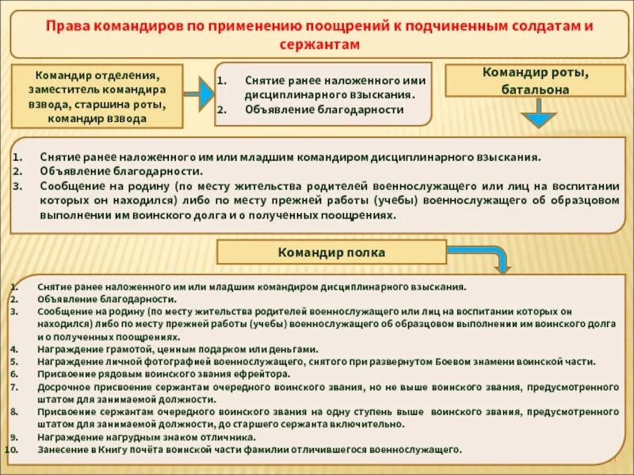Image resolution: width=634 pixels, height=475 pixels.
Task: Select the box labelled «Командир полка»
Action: coord(332,253)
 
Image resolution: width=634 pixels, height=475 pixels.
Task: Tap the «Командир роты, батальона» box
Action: coord(535,81)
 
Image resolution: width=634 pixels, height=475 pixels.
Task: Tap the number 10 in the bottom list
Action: coord(12,449)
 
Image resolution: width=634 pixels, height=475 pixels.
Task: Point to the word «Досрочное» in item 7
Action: coord(64,386)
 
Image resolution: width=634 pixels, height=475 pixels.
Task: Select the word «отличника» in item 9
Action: coord(230,436)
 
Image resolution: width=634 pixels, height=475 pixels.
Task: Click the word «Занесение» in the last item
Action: coord(62,449)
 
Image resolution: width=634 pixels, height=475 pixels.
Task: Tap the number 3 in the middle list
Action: coord(17,186)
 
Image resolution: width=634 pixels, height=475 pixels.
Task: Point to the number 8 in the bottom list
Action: coord(13,412)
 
